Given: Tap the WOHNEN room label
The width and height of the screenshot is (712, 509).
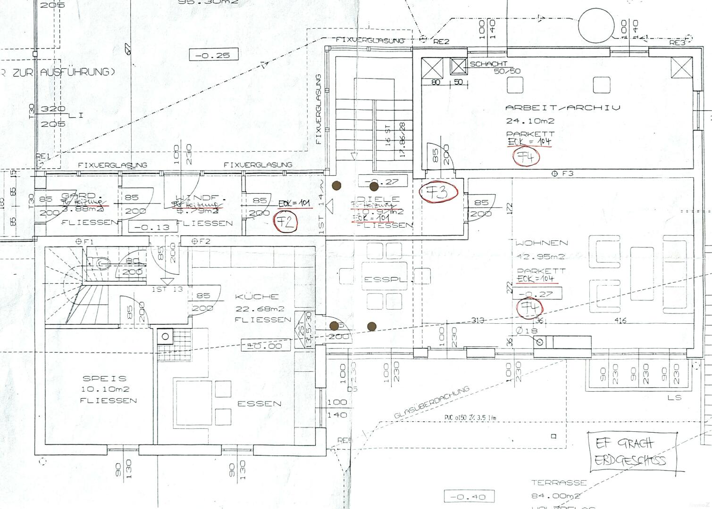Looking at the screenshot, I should tap(541, 243).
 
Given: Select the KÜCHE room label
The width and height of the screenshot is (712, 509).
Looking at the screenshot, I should tap(257, 297).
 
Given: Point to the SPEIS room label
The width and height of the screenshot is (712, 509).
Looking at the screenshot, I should tap(104, 378).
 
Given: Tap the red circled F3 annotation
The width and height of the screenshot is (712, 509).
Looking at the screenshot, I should tap(439, 192).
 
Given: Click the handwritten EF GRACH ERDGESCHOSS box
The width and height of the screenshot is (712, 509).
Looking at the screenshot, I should tap(633, 452).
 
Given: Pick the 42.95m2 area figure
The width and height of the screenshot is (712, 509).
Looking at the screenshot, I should tap(541, 257).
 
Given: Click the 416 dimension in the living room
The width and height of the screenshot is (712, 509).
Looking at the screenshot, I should tap(620, 320).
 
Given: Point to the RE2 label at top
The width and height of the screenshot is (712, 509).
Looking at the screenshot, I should tap(441, 41).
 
